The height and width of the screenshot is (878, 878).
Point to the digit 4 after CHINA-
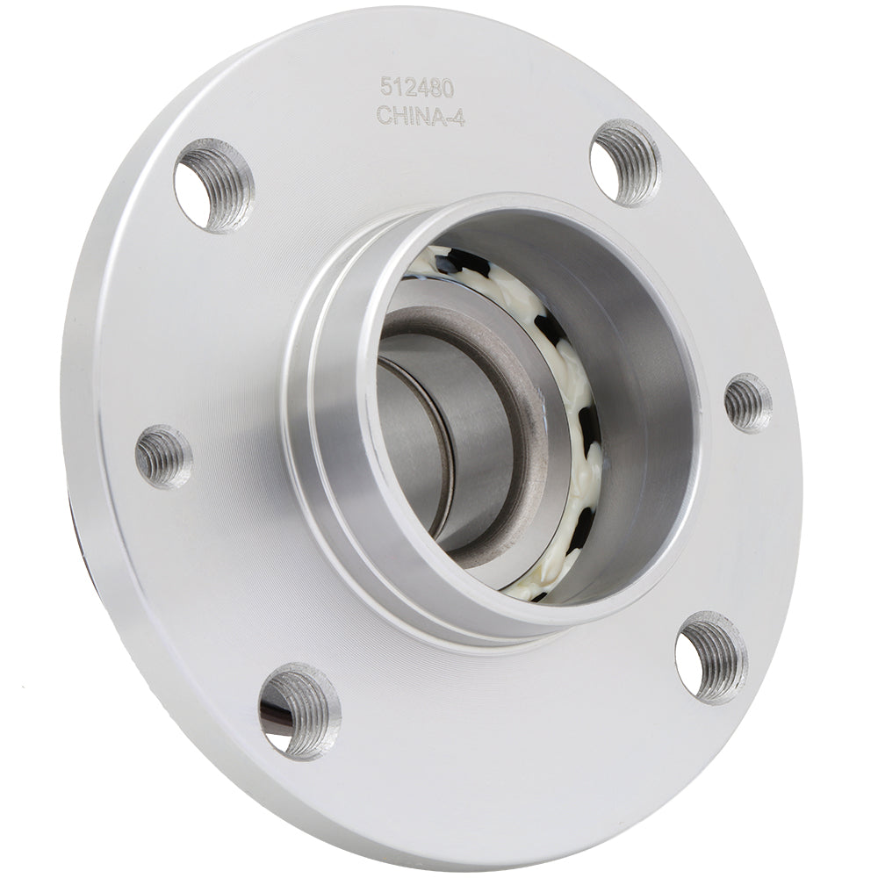pyautogui.click(x=457, y=117)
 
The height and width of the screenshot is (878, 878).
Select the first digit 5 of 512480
pyautogui.click(x=385, y=86)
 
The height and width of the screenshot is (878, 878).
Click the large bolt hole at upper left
pyautogui.click(x=213, y=185)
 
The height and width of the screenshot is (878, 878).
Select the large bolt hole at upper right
pyautogui.click(x=624, y=162)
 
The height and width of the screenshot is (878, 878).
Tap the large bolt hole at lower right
pyautogui.click(x=710, y=657)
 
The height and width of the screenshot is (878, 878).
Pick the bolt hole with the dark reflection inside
pyautogui.click(x=299, y=709)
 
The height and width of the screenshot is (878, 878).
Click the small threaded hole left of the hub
pyautogui.click(x=163, y=456)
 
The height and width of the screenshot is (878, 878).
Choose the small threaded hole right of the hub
pyautogui.click(x=747, y=403)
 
